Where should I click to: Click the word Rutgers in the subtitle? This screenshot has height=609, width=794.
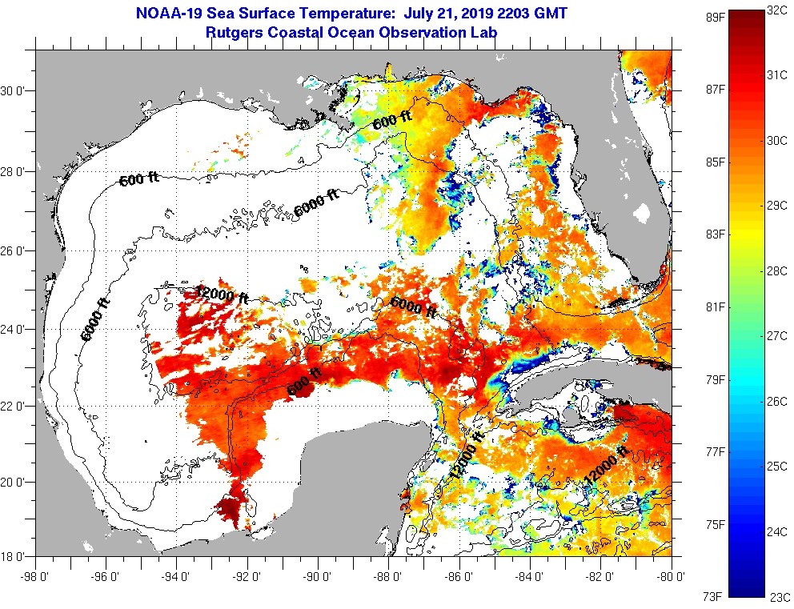click(235, 33)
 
